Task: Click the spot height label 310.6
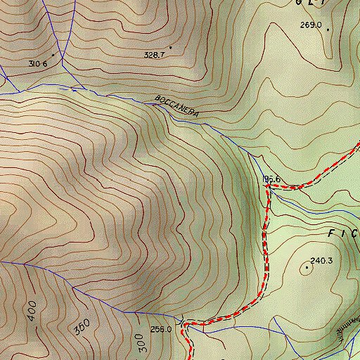(38, 63)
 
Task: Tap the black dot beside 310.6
(52, 54)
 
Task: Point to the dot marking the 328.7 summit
(170, 47)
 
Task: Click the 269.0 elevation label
(310, 25)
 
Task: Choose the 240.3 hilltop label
(321, 261)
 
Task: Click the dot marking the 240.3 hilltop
(307, 266)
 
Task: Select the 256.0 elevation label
(161, 328)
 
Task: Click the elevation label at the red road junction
(272, 179)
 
